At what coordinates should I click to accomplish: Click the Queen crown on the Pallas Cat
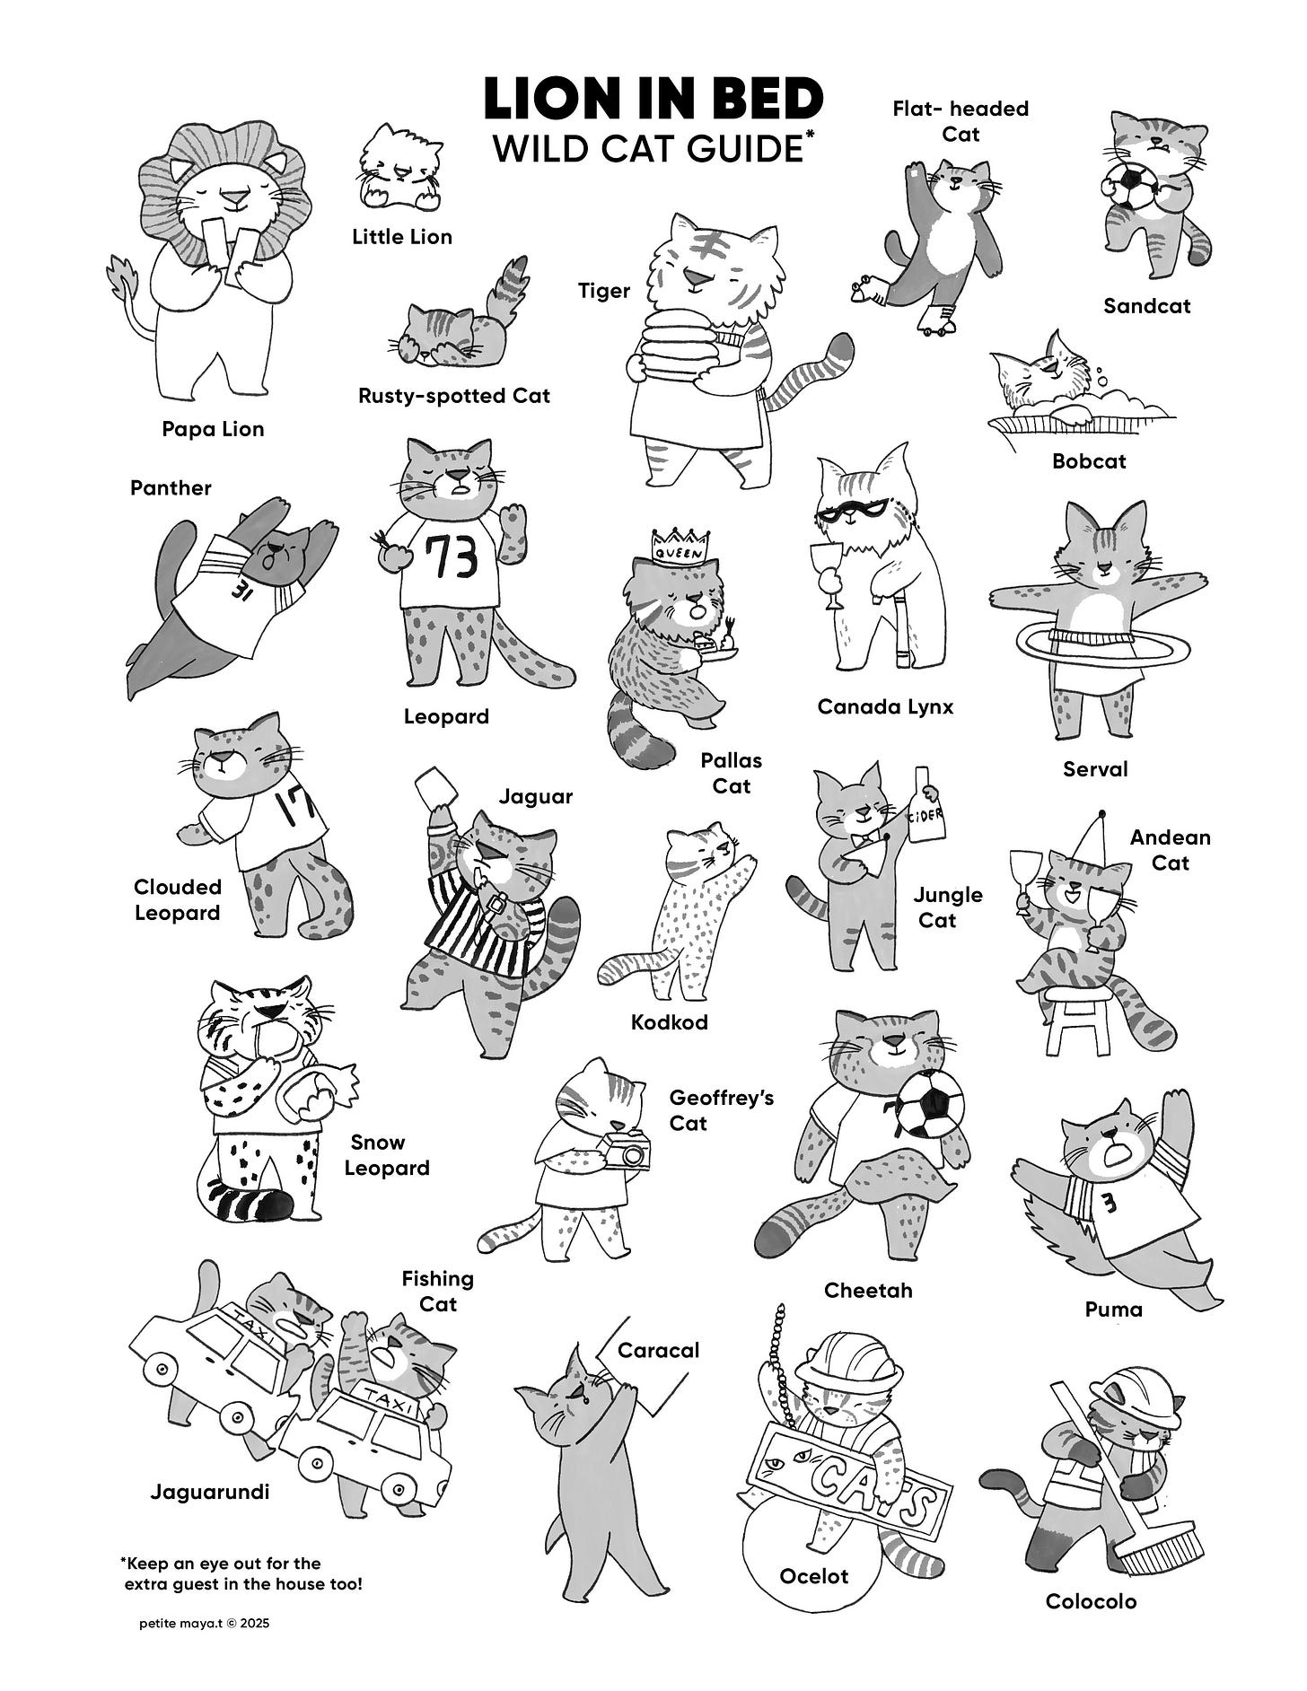coord(681,544)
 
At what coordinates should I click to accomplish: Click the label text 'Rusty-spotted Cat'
coord(454,396)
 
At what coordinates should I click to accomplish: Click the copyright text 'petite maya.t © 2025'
coord(205,1624)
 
